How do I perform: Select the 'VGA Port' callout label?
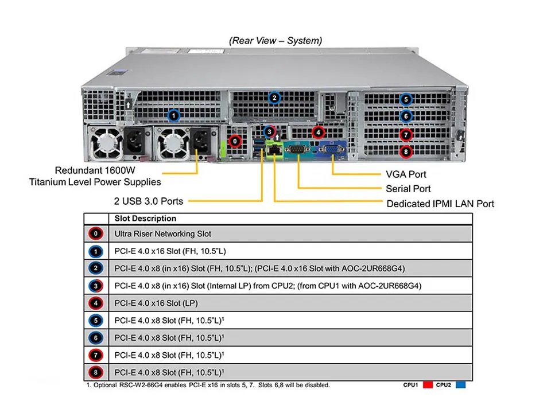[406, 174]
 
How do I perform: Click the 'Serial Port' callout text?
[408, 189]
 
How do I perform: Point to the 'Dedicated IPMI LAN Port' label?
[440, 204]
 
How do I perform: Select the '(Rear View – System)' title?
[275, 41]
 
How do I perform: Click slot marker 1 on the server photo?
[173, 116]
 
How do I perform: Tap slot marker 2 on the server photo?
[274, 98]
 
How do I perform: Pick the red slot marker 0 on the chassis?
[234, 141]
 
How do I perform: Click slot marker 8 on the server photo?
[406, 152]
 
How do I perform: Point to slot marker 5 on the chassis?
[406, 99]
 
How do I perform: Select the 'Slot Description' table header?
[145, 219]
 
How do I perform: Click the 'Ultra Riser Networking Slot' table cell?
[162, 234]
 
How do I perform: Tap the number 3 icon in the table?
[96, 286]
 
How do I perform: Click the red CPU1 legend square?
[428, 385]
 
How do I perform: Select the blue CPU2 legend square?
[460, 385]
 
